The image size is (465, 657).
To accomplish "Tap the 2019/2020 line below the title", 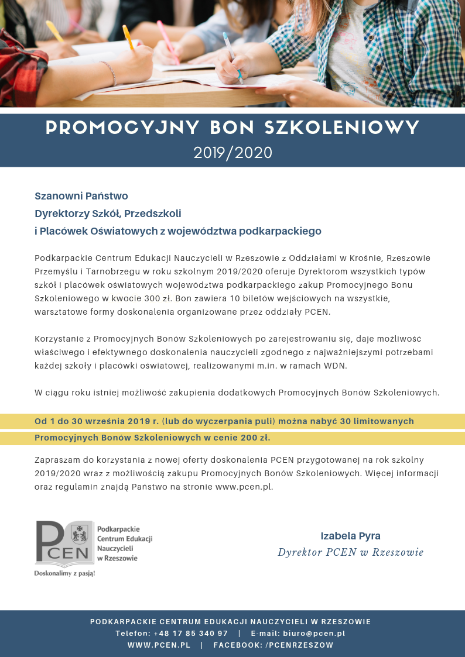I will (233, 153).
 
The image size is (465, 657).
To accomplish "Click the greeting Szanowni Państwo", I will (81, 196).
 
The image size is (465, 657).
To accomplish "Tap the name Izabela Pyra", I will (350, 536).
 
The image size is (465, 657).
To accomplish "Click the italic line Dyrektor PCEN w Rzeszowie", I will (350, 553).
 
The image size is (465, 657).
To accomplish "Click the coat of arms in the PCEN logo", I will (78, 534).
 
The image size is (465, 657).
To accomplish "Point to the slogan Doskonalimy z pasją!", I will (64, 573).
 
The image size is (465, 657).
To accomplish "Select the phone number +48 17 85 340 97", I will (190, 634).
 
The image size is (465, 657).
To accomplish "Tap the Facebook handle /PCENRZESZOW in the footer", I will (299, 645).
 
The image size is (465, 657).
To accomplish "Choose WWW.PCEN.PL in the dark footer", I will (159, 645).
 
